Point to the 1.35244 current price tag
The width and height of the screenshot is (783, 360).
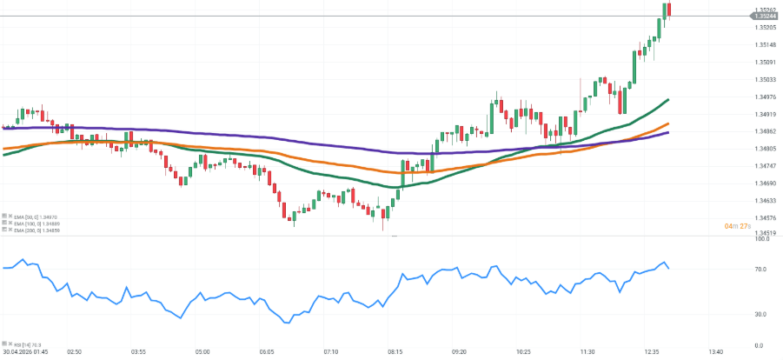pos(762,16)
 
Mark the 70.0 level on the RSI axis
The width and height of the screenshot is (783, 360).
pos(761,270)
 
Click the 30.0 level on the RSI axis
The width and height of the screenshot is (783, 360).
pos(761,314)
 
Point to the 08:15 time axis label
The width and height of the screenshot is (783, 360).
pos(395,352)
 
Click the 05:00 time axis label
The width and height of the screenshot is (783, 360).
pos(202,352)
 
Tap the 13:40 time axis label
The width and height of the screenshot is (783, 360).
pos(716,352)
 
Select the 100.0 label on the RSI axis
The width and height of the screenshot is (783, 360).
pos(761,238)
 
